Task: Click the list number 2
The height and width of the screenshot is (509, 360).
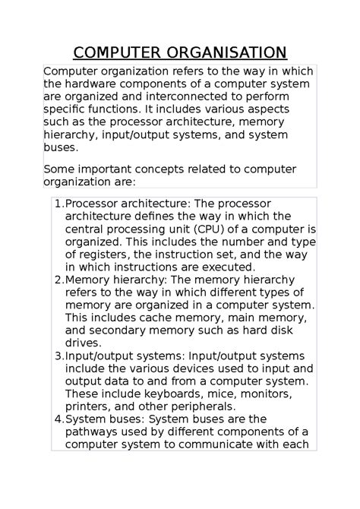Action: [x=58, y=280]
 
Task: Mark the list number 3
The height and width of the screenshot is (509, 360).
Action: [x=58, y=356]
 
